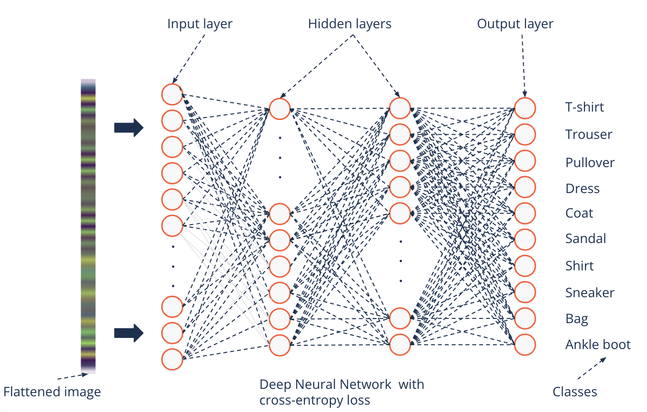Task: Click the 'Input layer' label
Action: [200, 24]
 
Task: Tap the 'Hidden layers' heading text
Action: [349, 24]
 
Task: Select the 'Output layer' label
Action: [515, 24]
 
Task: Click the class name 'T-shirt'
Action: [584, 107]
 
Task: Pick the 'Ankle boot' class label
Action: [598, 344]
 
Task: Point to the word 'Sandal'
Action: [585, 239]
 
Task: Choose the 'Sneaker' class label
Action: [590, 293]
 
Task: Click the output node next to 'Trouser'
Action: [525, 135]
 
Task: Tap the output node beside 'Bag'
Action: [525, 318]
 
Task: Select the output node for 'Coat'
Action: [525, 213]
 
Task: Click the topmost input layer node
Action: [172, 94]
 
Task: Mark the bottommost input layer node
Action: [172, 359]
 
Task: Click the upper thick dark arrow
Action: [129, 127]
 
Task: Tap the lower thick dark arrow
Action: [129, 333]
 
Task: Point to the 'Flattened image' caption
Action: [52, 392]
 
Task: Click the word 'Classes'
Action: [575, 392]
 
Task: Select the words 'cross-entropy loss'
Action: [315, 400]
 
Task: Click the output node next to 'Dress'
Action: [525, 187]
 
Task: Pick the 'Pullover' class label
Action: [590, 163]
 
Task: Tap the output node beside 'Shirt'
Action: [525, 266]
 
